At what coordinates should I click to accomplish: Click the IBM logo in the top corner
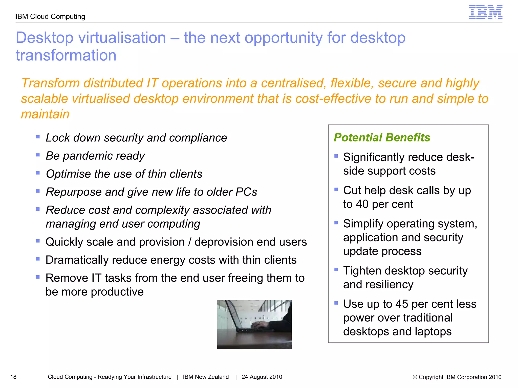(x=485, y=12)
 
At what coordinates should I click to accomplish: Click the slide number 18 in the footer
(x=13, y=377)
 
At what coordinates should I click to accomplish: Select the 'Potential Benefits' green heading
(x=382, y=138)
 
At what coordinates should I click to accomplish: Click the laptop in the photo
(x=243, y=321)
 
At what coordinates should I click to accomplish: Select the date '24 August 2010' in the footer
(x=262, y=377)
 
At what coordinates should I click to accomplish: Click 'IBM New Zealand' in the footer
(x=206, y=377)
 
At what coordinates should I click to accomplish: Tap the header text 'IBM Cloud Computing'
(x=50, y=17)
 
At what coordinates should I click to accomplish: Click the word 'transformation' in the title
(x=66, y=55)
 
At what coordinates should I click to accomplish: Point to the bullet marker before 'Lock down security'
(x=38, y=137)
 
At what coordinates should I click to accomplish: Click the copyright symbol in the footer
(x=415, y=377)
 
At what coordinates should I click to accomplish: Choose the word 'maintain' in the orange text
(x=45, y=114)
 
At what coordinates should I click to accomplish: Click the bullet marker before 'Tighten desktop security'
(x=336, y=270)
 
